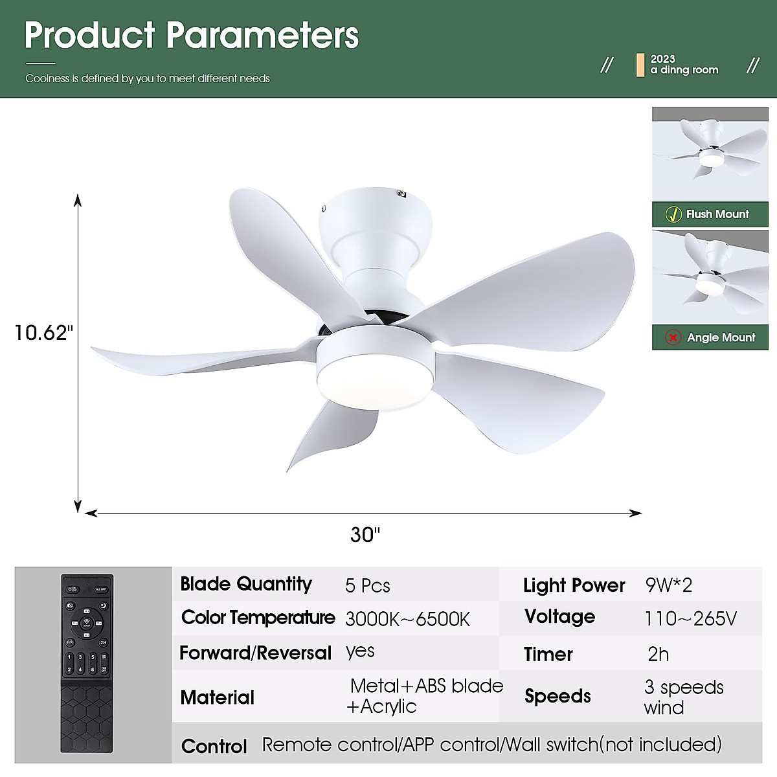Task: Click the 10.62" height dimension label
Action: click(x=43, y=333)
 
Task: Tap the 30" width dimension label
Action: click(x=365, y=535)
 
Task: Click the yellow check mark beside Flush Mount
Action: click(x=673, y=214)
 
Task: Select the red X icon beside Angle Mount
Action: click(x=673, y=337)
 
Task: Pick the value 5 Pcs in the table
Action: click(x=367, y=586)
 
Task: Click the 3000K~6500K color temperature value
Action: click(x=407, y=619)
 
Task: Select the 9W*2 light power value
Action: click(x=668, y=585)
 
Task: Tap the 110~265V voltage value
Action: click(x=690, y=619)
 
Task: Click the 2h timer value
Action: click(x=658, y=654)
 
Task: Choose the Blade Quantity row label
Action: click(x=246, y=584)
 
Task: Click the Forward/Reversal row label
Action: click(x=255, y=653)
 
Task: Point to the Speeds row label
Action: click(x=557, y=696)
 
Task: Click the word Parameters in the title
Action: click(x=262, y=36)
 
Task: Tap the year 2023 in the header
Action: click(x=662, y=59)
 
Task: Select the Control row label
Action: click(x=214, y=746)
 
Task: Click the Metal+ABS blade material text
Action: click(x=426, y=686)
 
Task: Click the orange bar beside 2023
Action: click(x=640, y=65)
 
